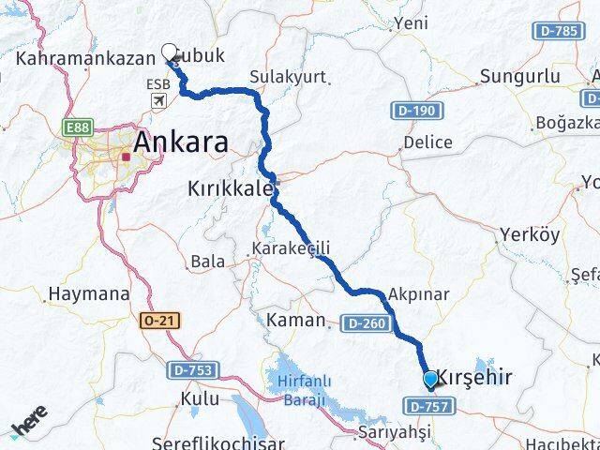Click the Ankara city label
point(181,142)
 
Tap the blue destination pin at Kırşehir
point(430,379)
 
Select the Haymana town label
point(88,294)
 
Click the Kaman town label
point(294,321)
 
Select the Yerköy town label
point(530,233)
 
